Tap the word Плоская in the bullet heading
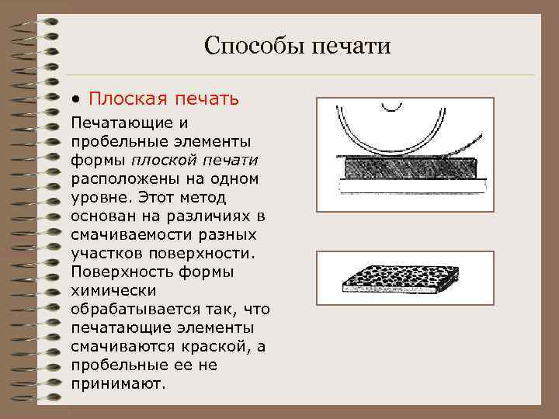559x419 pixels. (122, 99)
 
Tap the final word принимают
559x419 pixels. (117, 383)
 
